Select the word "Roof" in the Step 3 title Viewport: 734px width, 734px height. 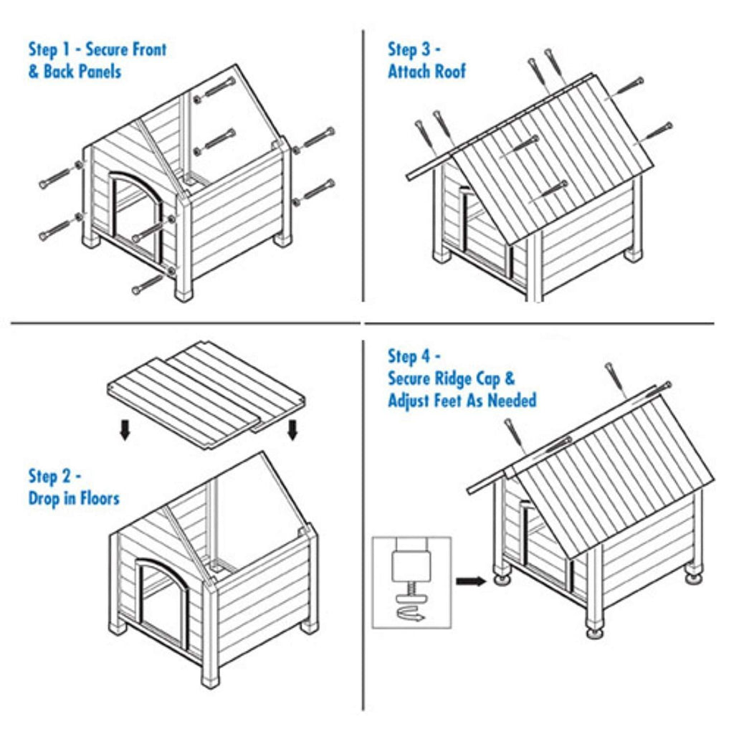click(x=451, y=71)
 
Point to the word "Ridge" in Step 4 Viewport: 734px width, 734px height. click(x=452, y=379)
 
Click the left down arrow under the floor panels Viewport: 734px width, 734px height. click(x=125, y=430)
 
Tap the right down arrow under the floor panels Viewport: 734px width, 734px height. click(x=292, y=430)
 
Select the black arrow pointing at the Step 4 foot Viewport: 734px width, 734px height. click(x=471, y=581)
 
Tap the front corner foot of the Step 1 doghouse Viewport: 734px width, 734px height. click(x=183, y=295)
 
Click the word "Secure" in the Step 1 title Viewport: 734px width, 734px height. click(x=106, y=49)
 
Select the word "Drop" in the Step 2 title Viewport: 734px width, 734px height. click(x=44, y=499)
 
